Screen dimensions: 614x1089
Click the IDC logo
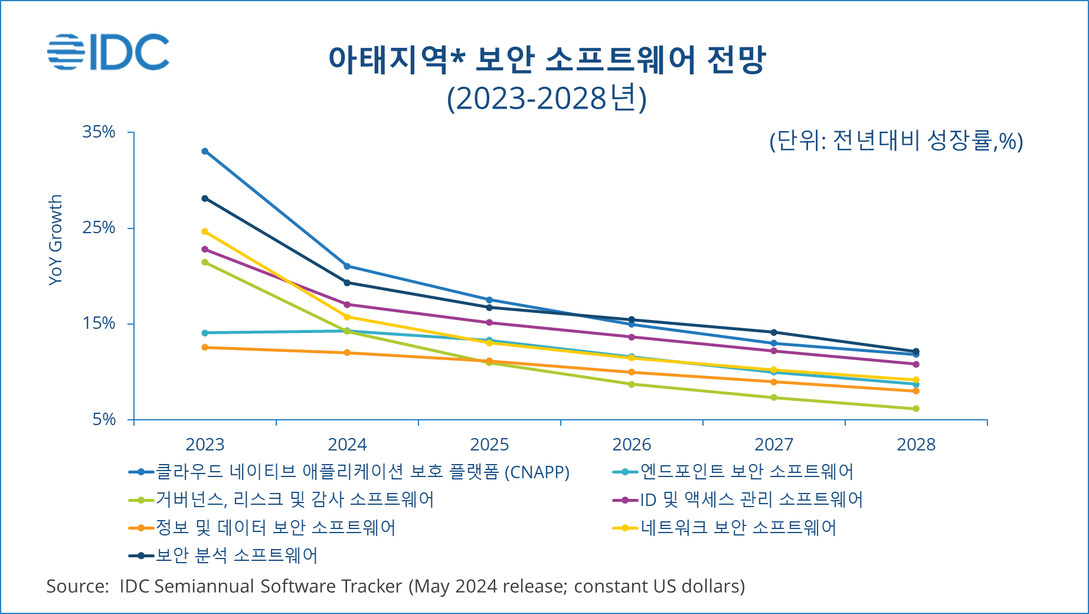(109, 52)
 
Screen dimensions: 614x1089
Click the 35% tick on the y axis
(99, 132)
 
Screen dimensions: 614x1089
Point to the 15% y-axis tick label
(99, 324)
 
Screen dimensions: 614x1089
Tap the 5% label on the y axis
(104, 419)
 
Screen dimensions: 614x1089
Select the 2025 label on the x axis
(489, 445)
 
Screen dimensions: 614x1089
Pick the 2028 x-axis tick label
(915, 445)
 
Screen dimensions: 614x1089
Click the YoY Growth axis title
(55, 240)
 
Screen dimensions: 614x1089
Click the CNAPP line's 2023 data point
(205, 151)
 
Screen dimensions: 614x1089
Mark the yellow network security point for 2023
(205, 231)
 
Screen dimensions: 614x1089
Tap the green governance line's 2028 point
(916, 409)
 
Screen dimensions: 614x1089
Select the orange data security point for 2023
(205, 347)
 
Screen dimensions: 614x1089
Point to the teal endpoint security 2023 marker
(205, 333)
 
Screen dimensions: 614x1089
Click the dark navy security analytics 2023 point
(205, 198)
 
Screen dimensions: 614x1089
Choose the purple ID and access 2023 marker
(205, 249)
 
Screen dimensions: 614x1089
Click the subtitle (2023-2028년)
(547, 99)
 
